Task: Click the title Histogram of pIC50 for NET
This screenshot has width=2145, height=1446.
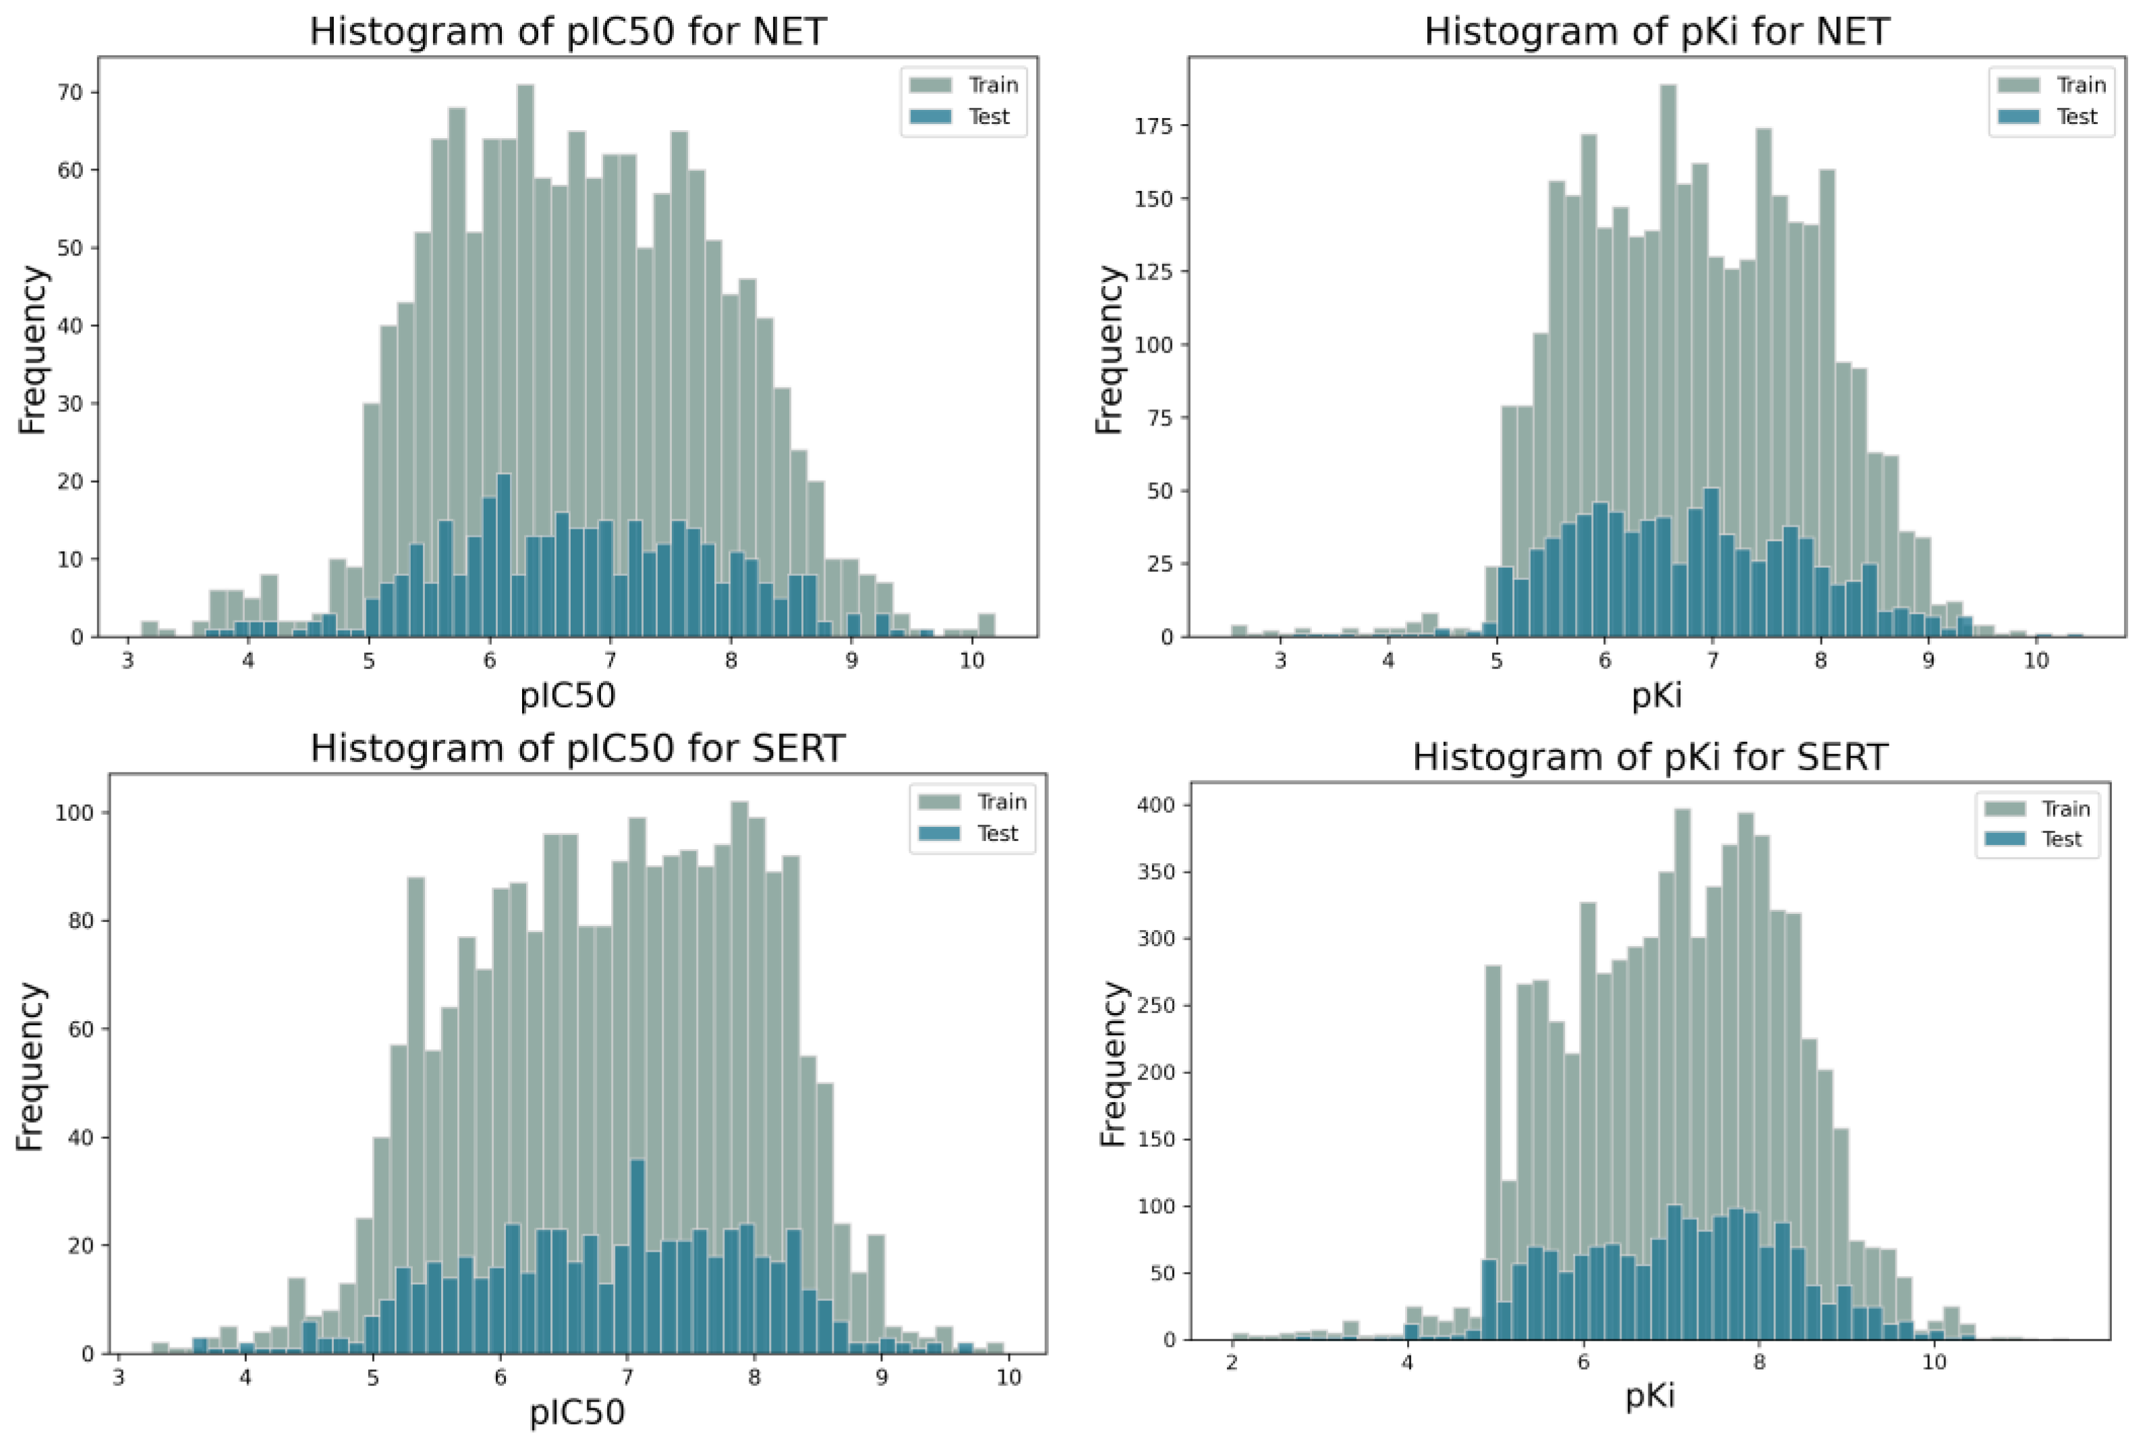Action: point(567,31)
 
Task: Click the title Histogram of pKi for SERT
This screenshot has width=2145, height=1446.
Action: point(1650,757)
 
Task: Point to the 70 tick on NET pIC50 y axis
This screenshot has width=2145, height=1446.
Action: point(70,92)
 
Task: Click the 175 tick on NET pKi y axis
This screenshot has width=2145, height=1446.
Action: point(1153,125)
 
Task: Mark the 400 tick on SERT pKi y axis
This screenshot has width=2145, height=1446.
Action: point(1156,805)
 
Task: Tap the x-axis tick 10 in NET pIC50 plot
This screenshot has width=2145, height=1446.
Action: point(971,660)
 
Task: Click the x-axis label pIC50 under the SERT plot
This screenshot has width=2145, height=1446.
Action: point(576,1412)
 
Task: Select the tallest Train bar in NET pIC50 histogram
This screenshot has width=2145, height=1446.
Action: point(525,359)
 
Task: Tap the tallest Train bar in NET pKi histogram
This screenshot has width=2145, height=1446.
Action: point(1667,359)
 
